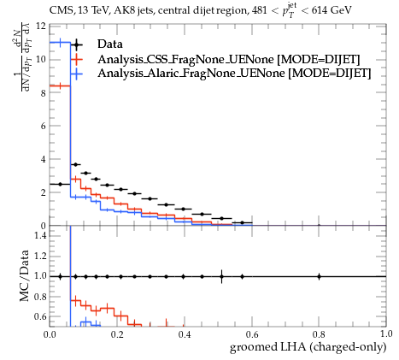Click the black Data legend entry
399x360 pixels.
point(110,44)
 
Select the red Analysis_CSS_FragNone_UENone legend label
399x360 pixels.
point(229,59)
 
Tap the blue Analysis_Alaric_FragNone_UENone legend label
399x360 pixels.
point(234,74)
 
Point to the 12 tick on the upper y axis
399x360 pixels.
point(41,27)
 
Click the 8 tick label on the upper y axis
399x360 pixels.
point(43,93)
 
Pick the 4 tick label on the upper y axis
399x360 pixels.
point(43,159)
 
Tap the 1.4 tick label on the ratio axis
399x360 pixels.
point(40,235)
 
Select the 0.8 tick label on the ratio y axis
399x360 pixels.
point(40,297)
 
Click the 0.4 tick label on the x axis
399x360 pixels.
point(185,334)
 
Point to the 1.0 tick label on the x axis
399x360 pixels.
point(386,334)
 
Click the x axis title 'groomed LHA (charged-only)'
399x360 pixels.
point(308,347)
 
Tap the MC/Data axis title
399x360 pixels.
point(25,275)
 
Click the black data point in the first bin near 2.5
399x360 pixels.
point(60,184)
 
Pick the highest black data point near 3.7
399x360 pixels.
point(75,164)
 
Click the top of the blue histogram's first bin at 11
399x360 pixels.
point(60,43)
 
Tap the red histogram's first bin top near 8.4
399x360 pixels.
point(60,86)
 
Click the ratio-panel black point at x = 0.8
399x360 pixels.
point(319,276)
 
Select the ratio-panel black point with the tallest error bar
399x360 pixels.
point(221,276)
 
